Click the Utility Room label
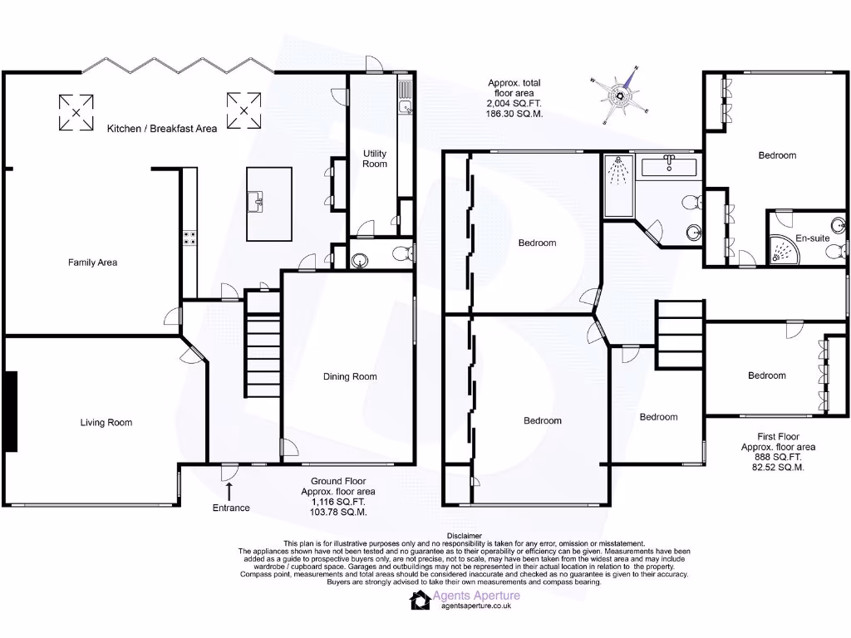tap(375, 159)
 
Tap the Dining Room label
tap(350, 376)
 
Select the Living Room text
tap(106, 422)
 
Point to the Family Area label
tap(92, 263)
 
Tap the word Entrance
tap(230, 508)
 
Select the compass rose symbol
tap(622, 94)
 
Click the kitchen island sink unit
tap(259, 201)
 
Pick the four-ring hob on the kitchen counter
tap(189, 238)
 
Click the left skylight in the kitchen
tap(76, 112)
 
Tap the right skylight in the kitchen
tap(243, 111)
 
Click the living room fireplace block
tap(10, 411)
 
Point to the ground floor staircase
tap(262, 344)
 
